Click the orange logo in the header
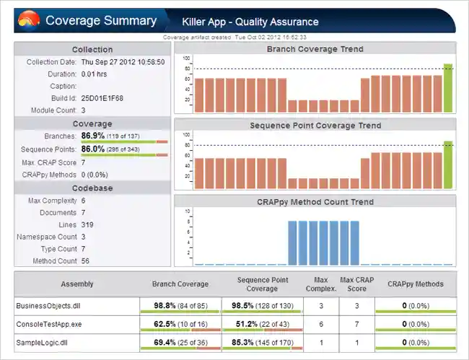pos(28,20)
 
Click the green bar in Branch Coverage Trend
pos(448,88)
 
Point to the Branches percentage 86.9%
pos(93,136)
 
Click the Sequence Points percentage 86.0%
pos(93,149)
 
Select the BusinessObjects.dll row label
pos(46,306)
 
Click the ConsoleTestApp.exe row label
pos(48,325)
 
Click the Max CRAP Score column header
pos(356,284)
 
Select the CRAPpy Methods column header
pos(415,284)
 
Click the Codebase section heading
pos(92,188)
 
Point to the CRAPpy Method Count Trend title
pos(315,201)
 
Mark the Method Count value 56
pos(86,261)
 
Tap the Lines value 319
pos(88,224)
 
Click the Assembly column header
pos(77,284)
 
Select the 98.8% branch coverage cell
pos(180,306)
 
